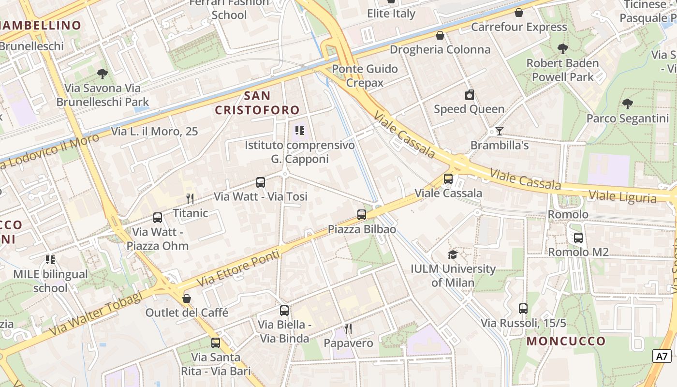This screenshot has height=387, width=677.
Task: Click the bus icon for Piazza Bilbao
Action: pos(361,215)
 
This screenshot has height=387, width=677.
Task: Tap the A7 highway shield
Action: pos(662,357)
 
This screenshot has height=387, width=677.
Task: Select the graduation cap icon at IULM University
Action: pos(453,254)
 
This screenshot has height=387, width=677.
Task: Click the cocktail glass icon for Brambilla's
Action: pos(499,131)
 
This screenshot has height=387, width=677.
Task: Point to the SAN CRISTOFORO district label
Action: pos(257,103)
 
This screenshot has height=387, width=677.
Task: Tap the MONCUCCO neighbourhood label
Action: pos(566,341)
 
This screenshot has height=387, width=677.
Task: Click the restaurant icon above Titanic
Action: pos(190,198)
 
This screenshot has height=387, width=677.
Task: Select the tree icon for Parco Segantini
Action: pos(627,104)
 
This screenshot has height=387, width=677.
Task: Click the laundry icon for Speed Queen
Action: pos(469,95)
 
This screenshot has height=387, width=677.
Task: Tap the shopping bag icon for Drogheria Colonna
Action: pos(440,35)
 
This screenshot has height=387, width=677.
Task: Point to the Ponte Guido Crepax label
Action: pos(365,75)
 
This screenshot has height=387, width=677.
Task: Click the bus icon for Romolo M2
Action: pos(578,238)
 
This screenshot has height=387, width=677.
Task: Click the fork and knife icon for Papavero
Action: pos(348,329)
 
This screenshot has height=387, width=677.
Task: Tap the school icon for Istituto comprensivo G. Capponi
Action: pos(299,131)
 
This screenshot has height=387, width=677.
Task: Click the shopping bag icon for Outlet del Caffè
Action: pos(187,298)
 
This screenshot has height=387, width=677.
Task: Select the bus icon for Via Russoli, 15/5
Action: pos(523,309)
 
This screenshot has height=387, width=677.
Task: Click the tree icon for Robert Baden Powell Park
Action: pos(562,48)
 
